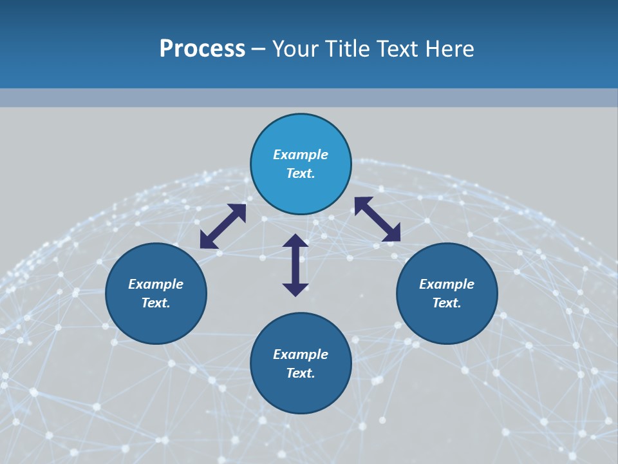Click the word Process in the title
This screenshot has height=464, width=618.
click(x=202, y=49)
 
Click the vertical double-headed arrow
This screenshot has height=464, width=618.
click(x=295, y=265)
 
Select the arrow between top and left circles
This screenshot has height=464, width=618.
click(x=223, y=226)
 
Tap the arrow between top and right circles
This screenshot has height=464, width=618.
click(x=377, y=219)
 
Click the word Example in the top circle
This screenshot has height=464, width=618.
click(x=301, y=155)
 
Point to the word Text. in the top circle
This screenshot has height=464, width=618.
click(x=301, y=173)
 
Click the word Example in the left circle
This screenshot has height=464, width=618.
click(x=156, y=284)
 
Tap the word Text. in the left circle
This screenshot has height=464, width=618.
click(x=156, y=303)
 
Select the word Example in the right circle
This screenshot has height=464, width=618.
click(x=447, y=284)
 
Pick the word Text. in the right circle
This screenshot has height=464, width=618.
click(x=447, y=303)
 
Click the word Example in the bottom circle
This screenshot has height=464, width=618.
click(x=301, y=354)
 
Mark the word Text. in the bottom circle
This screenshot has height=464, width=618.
click(x=301, y=373)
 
